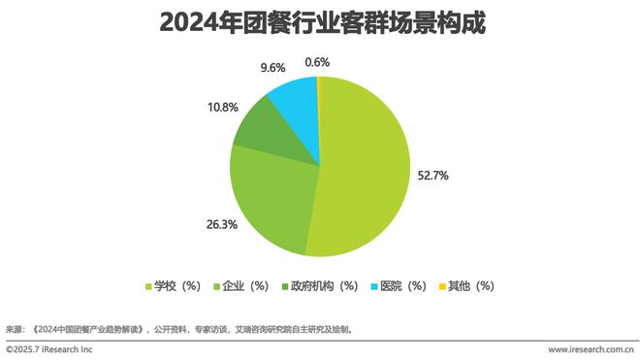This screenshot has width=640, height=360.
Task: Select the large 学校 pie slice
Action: (x=364, y=165)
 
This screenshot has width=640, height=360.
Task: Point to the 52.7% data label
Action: (x=433, y=176)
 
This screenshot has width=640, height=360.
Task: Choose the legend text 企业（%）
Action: (x=244, y=286)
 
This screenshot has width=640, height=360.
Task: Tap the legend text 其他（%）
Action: (x=471, y=286)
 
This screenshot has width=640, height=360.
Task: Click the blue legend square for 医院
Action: (x=372, y=286)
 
